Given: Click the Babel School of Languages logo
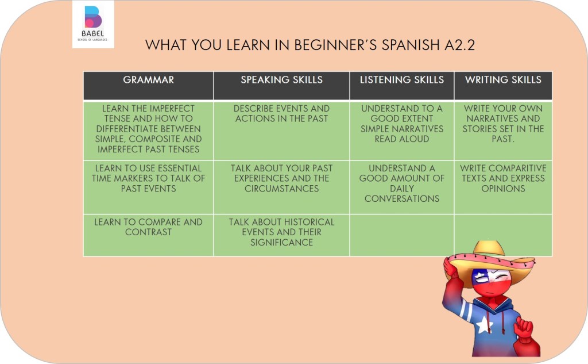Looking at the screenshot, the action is pos(93,24).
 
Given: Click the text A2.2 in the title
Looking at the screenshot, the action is pos(460,45).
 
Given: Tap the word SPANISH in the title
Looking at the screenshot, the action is pos(411,45).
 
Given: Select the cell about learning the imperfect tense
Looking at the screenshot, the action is pos(149,131).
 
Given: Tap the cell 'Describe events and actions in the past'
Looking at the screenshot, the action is pos(281,131).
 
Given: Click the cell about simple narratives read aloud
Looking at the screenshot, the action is pos(401,131).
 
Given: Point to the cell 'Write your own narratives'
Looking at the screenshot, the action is pos(503,131).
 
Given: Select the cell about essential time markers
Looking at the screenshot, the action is pos(149,187).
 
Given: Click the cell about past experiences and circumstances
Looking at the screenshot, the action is pos(281,187).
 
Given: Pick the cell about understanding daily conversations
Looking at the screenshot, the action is pos(401,187).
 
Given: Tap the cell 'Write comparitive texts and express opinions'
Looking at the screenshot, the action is pos(503,187).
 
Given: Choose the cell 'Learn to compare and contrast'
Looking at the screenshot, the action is pos(149,235).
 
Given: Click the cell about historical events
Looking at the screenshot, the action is pos(281,235).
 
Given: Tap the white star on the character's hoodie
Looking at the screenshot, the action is pos(484,324).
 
